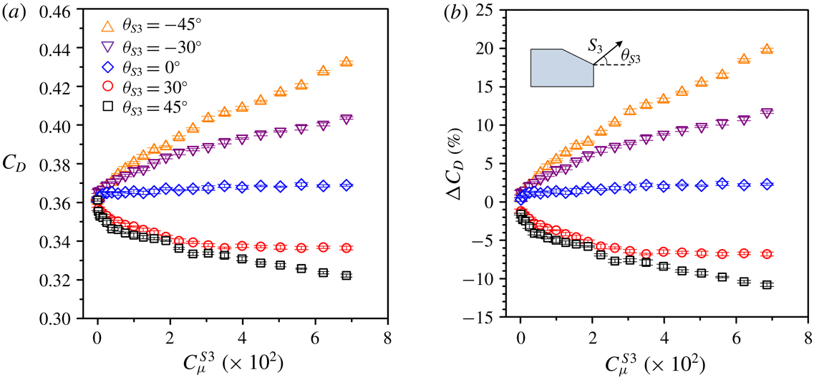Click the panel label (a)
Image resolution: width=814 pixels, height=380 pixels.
[14, 11]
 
